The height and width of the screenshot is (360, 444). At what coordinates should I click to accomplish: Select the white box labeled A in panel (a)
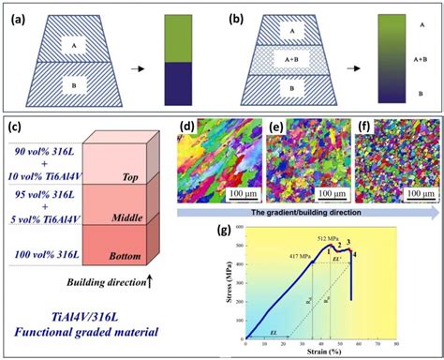click(75, 44)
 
